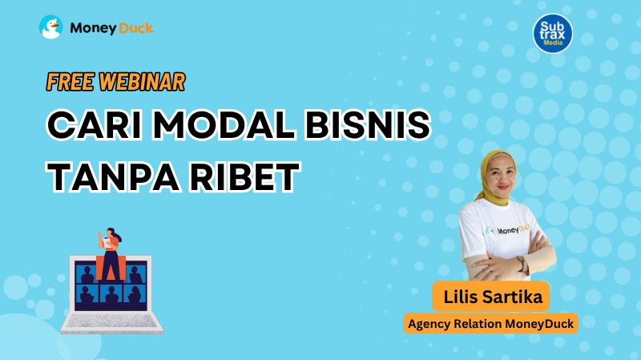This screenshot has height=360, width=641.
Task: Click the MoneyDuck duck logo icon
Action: [x=50, y=27]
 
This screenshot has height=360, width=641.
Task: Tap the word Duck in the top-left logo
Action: [x=136, y=28]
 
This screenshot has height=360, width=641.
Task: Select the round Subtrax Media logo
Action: [x=553, y=34]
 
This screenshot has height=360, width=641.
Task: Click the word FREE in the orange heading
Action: [x=71, y=82]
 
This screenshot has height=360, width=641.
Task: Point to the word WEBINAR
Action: [x=143, y=82]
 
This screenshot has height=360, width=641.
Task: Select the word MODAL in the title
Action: [x=224, y=125]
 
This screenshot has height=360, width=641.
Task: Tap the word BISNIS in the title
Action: [x=368, y=125]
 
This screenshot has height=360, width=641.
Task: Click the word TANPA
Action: [x=113, y=176]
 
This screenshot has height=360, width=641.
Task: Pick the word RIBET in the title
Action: [x=245, y=176]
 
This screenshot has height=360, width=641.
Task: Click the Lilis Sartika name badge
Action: [x=491, y=297]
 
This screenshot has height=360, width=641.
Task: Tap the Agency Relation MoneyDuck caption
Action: [x=491, y=324]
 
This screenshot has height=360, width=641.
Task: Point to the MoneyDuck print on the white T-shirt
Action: [x=508, y=229]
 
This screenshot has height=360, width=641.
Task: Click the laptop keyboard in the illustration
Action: [x=111, y=321]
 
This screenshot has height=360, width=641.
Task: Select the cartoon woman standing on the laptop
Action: [x=110, y=253]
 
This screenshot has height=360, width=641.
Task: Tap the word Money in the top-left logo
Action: [x=94, y=28]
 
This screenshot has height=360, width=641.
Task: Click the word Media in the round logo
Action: [x=553, y=42]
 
